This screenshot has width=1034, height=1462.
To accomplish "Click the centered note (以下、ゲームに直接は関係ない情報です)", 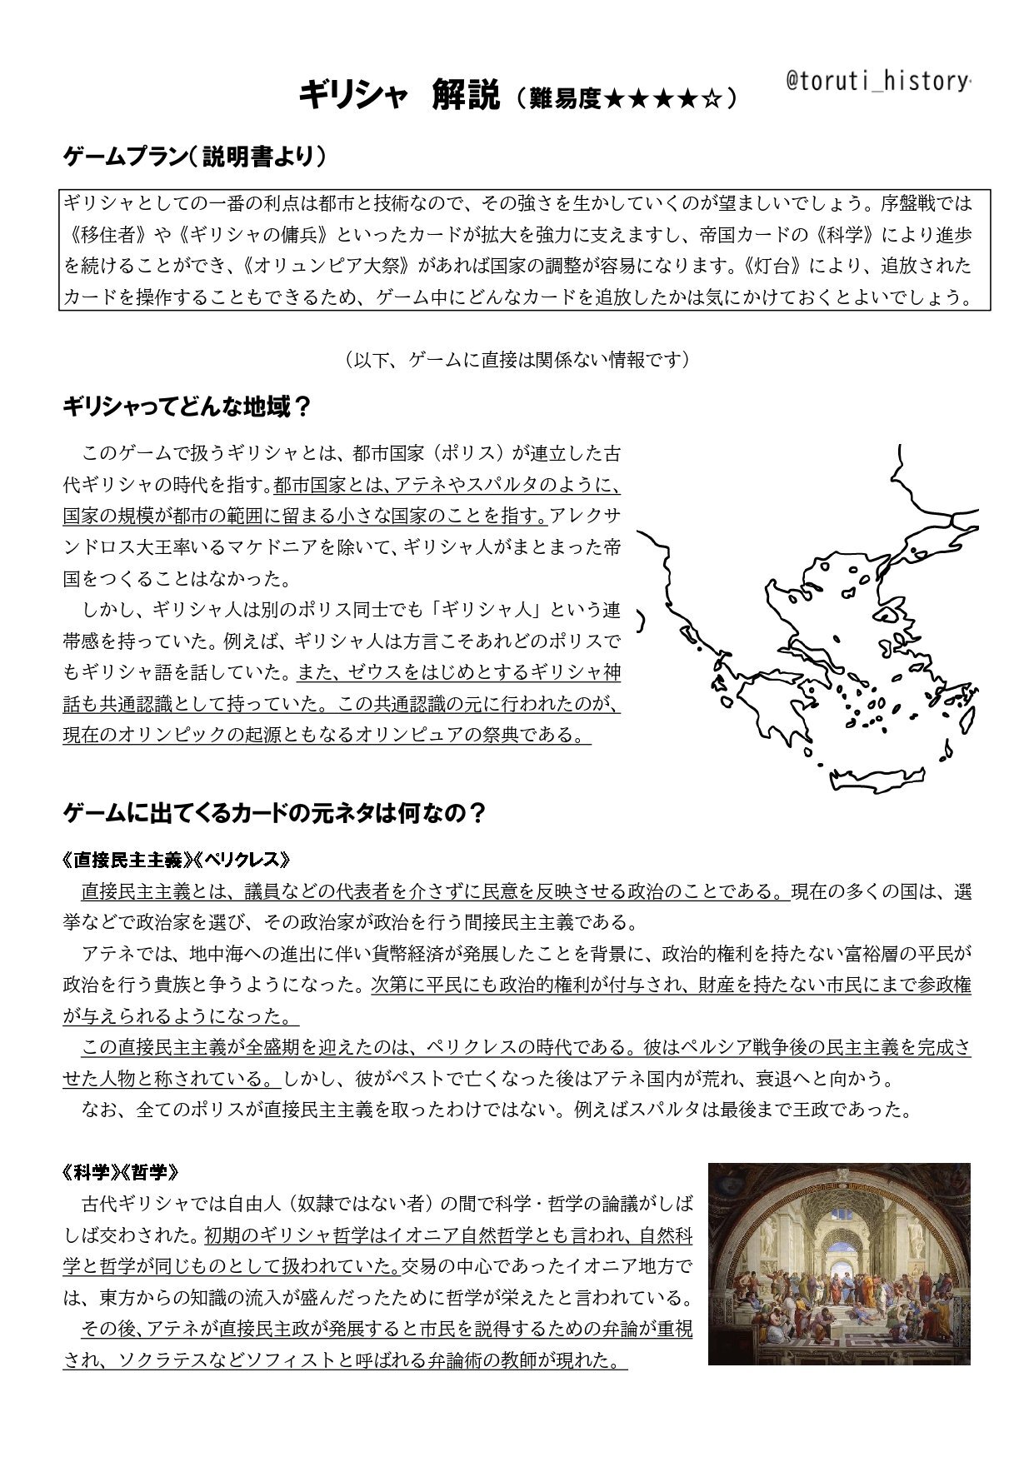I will click(x=516, y=360).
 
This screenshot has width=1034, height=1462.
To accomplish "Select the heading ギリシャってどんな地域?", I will click(x=187, y=407).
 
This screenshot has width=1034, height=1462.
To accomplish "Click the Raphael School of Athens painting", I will click(x=839, y=1264).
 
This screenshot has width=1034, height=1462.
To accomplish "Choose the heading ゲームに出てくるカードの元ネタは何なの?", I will click(x=274, y=812).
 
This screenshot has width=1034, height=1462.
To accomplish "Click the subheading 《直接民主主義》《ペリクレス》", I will click(x=177, y=860).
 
